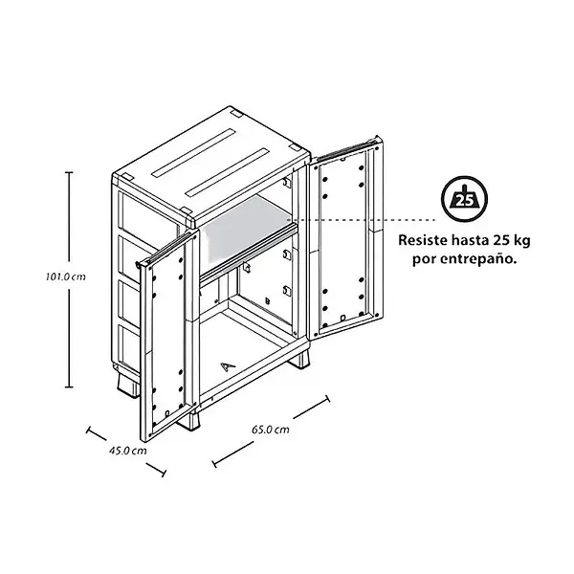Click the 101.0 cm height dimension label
(66, 276)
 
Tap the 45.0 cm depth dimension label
(128, 451)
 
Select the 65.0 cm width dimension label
(271, 429)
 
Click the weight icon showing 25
(464, 199)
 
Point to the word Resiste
(423, 240)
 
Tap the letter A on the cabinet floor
(228, 366)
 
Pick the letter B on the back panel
(267, 301)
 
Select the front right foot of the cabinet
(299, 360)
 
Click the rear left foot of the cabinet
(128, 386)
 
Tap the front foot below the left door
(189, 420)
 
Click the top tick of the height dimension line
(69, 172)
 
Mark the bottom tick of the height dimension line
(69, 386)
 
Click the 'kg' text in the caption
(522, 242)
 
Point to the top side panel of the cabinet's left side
(148, 213)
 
